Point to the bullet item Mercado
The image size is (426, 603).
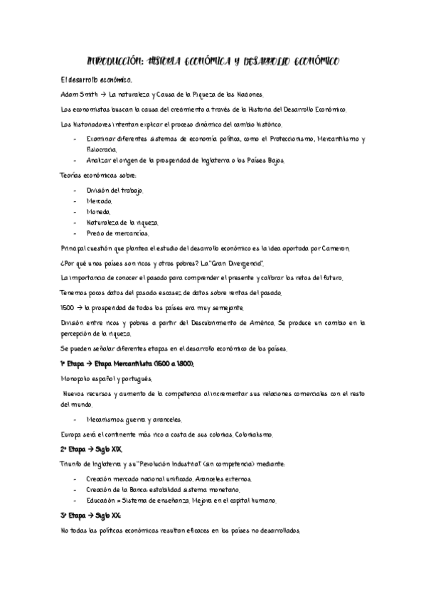pos(99,202)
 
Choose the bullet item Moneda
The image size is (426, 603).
pos(98,212)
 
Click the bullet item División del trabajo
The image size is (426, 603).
pos(115,191)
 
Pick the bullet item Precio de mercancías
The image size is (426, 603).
pos(117,233)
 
